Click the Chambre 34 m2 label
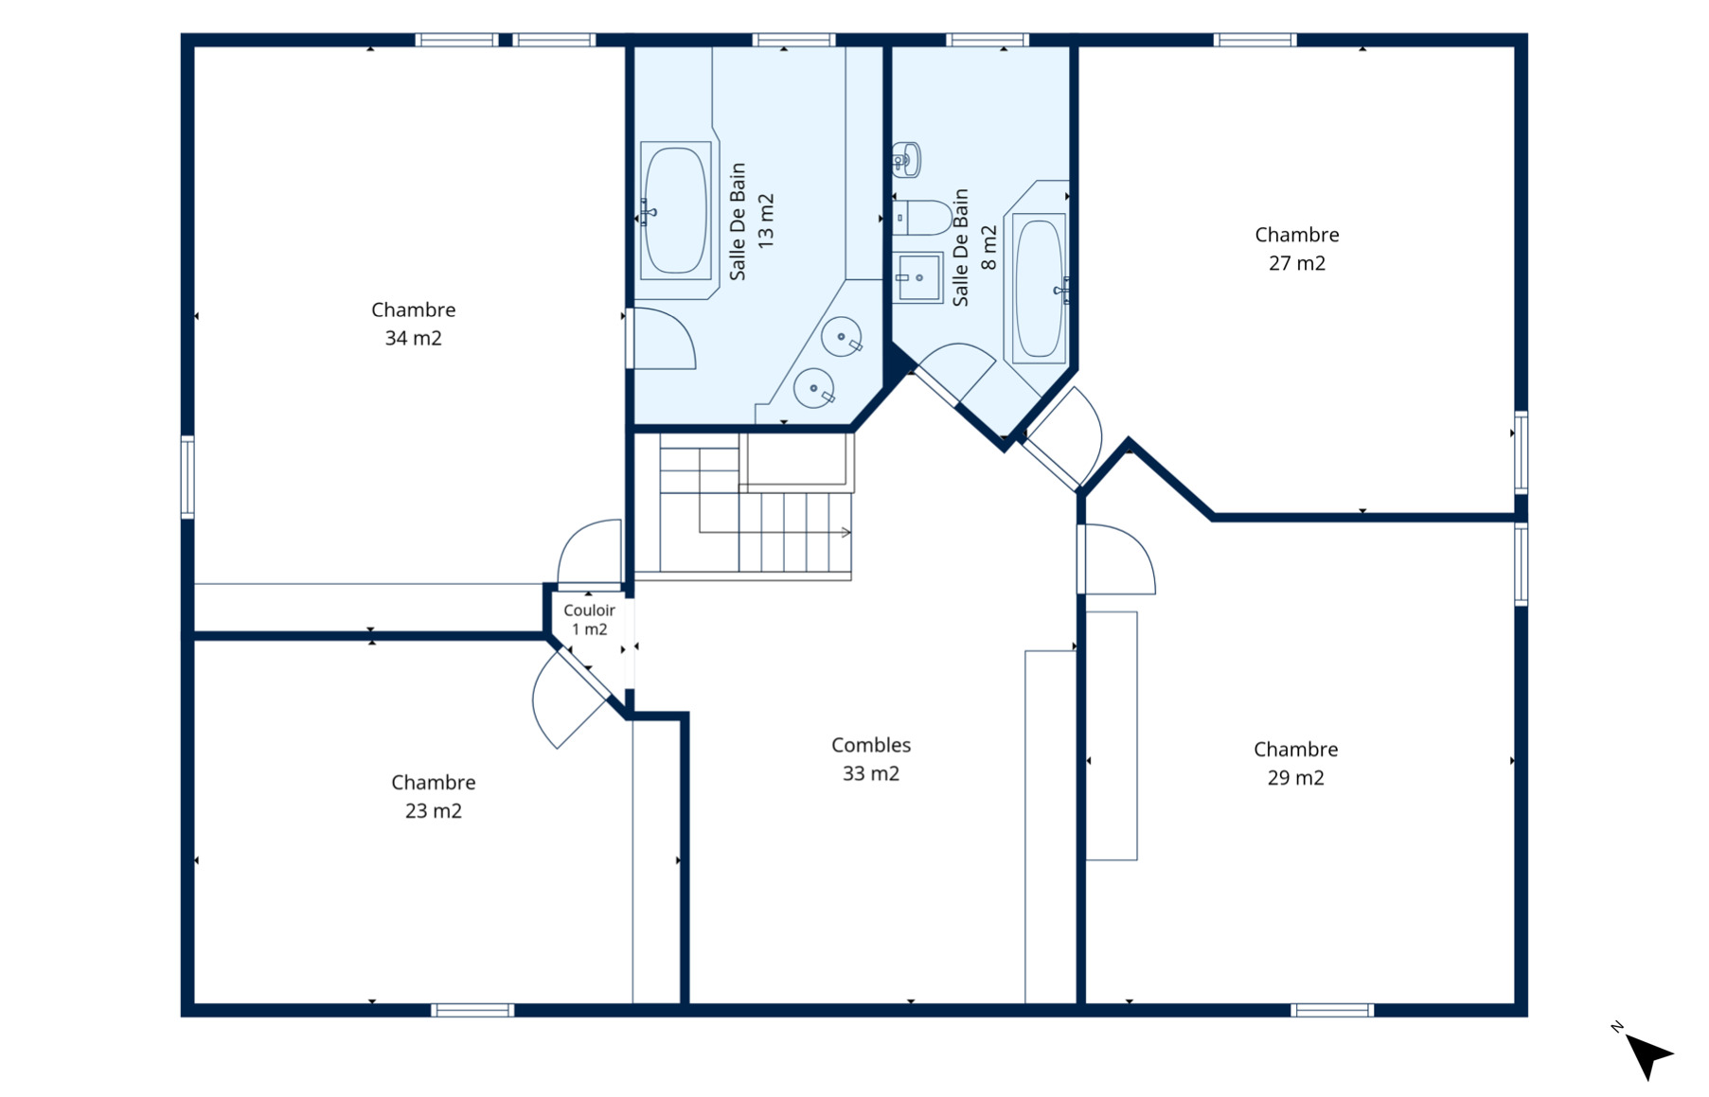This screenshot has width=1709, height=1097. point(413,324)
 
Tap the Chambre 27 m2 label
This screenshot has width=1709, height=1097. point(1296,249)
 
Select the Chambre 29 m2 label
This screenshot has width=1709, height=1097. point(1295,763)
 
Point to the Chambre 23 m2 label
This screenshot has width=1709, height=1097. point(433,796)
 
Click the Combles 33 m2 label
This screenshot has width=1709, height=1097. point(871,759)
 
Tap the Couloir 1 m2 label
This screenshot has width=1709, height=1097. point(589,620)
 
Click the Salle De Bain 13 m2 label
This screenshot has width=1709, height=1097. point(752,221)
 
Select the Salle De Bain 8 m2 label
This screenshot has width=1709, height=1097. point(974,247)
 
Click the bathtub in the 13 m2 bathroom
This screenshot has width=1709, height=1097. point(675,210)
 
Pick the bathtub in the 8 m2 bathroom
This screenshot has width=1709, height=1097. point(1040,289)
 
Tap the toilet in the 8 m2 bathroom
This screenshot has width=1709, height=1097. point(922,218)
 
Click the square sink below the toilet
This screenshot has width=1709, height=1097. point(918,277)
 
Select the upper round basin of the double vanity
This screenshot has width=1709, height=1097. point(842,337)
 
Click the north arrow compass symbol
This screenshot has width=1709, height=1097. point(1647,1052)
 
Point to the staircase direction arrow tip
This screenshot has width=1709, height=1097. point(850,533)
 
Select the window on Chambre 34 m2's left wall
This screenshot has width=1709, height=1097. point(187,477)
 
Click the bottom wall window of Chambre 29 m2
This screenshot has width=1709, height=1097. point(1332,1010)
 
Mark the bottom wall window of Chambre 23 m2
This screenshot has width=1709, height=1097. point(472,1010)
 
